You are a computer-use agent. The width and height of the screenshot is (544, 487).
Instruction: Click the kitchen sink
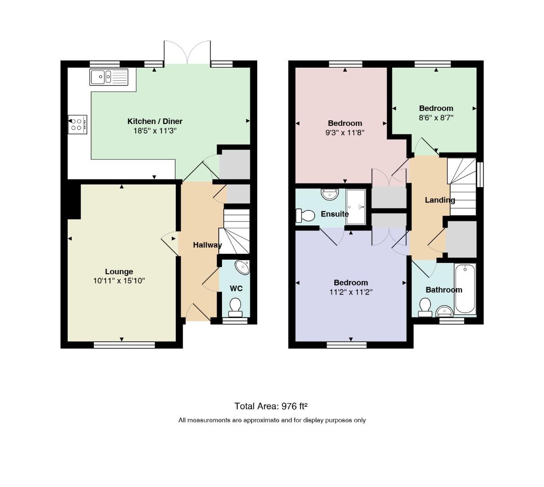coord(109,77)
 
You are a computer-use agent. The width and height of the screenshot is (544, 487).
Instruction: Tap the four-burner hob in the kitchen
coord(78,124)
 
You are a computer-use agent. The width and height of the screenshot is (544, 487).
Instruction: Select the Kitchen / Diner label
coord(155,121)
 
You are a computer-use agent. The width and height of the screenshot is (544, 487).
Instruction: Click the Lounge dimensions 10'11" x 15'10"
coord(119,281)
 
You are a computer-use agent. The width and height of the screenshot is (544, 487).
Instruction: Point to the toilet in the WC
coord(235,308)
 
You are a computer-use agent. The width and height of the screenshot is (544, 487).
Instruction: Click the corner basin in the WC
coord(243,267)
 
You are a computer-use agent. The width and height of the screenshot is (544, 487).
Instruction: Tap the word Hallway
coord(207,245)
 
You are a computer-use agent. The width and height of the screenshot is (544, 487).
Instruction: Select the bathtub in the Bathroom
coord(466,289)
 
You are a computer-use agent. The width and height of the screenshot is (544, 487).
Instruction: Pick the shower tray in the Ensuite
coord(356,207)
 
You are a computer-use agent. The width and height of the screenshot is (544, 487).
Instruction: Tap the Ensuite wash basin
coord(330,194)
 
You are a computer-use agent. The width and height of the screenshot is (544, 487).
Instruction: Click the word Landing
coord(440,200)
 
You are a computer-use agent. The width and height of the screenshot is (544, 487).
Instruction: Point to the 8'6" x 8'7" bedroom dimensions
coord(436,118)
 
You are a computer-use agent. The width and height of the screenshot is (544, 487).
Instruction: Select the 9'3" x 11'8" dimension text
coord(345,133)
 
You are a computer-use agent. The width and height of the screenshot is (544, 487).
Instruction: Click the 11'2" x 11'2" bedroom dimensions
coord(350,292)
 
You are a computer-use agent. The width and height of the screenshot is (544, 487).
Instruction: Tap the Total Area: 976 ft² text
coord(271,406)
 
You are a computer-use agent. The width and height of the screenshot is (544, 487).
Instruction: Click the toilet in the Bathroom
coord(425,308)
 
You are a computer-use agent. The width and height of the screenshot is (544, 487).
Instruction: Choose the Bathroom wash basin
coord(444,312)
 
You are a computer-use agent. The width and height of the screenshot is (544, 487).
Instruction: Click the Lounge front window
coord(124,345)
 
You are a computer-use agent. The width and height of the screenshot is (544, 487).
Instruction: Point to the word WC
coord(236,289)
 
